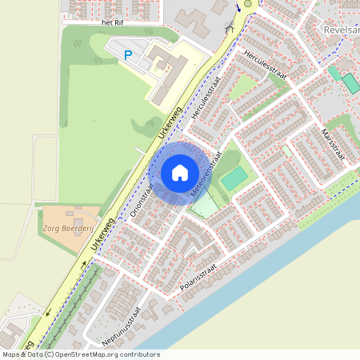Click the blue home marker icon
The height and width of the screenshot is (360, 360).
pos(180,173)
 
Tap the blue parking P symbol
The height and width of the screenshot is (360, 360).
pos(128,55)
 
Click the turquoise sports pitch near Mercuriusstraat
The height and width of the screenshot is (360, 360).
pos(234,178)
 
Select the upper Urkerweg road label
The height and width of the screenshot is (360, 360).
pos(171,124)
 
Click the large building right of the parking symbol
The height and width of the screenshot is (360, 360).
pos(168,72)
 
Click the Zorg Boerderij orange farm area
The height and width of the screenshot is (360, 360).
pos(60,228)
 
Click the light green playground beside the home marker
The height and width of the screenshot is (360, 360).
pos(205,206)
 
